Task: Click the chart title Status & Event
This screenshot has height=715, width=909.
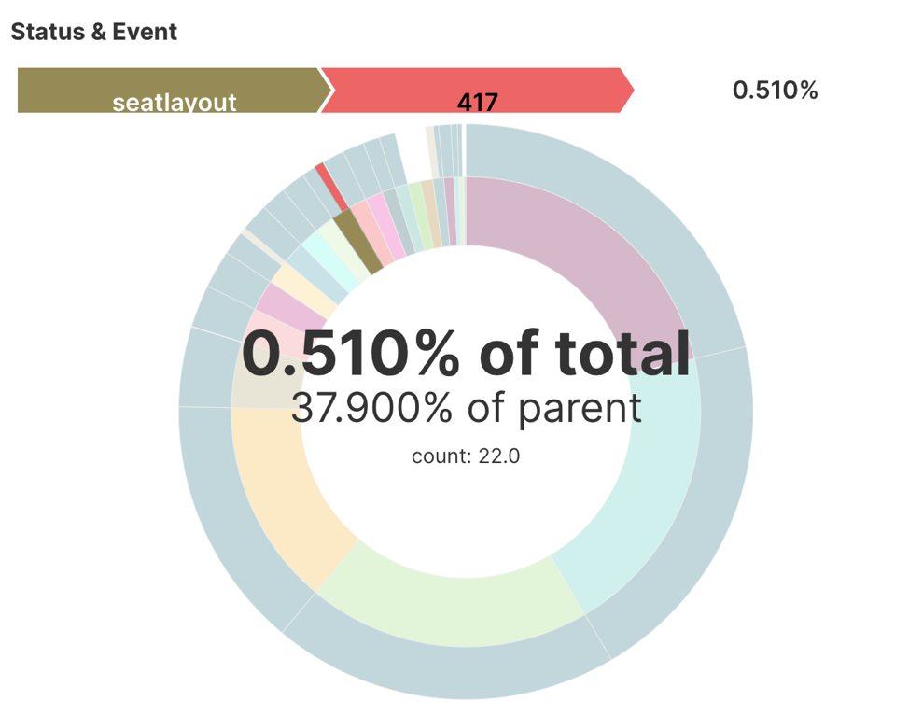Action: pyautogui.click(x=93, y=32)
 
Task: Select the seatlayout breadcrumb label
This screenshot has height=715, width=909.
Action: pyautogui.click(x=175, y=102)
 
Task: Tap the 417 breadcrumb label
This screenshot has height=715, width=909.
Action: pyautogui.click(x=478, y=102)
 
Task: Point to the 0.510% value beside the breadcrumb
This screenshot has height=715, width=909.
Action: pyautogui.click(x=775, y=90)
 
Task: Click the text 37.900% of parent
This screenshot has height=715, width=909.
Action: pyautogui.click(x=466, y=408)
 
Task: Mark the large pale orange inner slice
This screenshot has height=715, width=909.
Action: pyautogui.click(x=280, y=495)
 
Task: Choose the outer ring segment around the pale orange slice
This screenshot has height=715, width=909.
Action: pyautogui.click(x=224, y=523)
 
